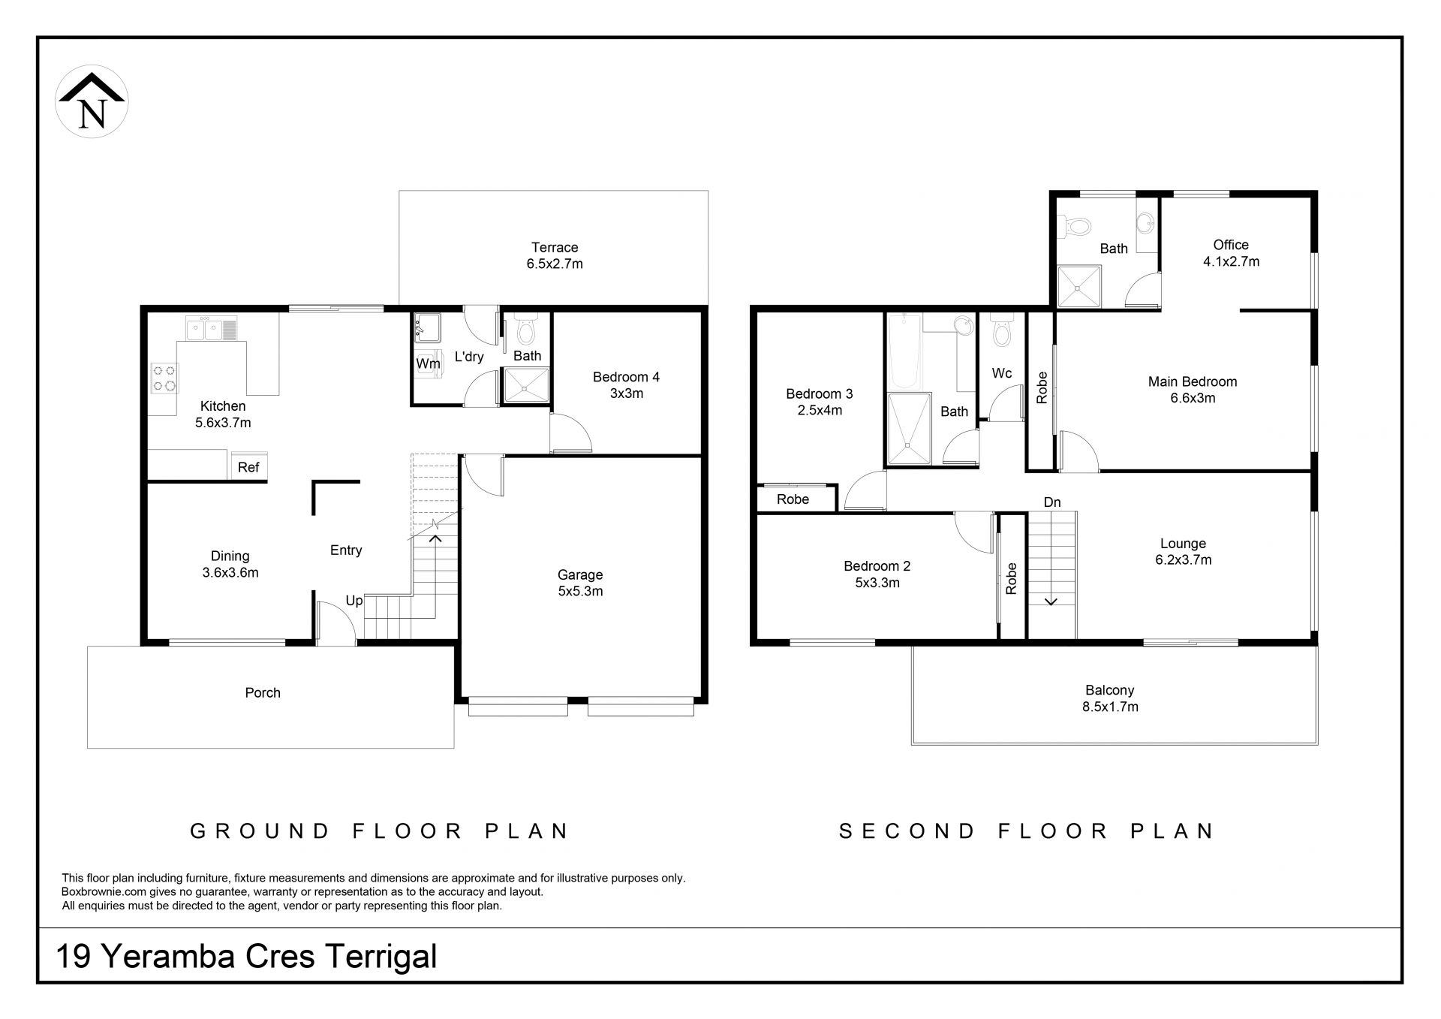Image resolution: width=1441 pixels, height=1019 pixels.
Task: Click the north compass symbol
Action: (x=92, y=101)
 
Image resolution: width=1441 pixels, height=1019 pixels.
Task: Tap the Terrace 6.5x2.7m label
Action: (x=555, y=255)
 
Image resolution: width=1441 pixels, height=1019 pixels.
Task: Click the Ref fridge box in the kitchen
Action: (x=248, y=466)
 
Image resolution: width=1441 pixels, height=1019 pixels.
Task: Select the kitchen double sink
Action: (x=211, y=328)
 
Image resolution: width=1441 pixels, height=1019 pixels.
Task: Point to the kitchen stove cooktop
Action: (x=164, y=378)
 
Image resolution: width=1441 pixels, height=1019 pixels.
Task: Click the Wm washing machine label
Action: (x=428, y=363)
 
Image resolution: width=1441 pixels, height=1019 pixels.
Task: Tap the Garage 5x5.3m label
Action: (x=580, y=583)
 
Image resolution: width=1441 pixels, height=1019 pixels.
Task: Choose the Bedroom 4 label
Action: (x=626, y=384)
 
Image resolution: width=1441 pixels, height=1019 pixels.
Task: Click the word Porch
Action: (x=263, y=692)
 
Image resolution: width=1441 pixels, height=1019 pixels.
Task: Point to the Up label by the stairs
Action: (x=354, y=601)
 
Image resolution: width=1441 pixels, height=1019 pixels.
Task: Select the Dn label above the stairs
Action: (x=1052, y=502)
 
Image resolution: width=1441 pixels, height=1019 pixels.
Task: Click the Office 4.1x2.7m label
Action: (x=1231, y=253)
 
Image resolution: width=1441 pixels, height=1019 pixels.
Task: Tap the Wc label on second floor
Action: (x=1002, y=373)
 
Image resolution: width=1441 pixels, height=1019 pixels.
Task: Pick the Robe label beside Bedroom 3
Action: (x=793, y=499)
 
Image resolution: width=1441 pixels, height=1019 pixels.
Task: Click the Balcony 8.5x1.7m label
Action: (x=1110, y=698)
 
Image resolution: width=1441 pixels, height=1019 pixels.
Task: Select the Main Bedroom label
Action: (x=1193, y=390)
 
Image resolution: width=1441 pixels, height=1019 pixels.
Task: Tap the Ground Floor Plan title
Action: (x=380, y=831)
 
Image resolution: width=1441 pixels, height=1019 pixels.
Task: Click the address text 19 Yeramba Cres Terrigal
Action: (x=247, y=956)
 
